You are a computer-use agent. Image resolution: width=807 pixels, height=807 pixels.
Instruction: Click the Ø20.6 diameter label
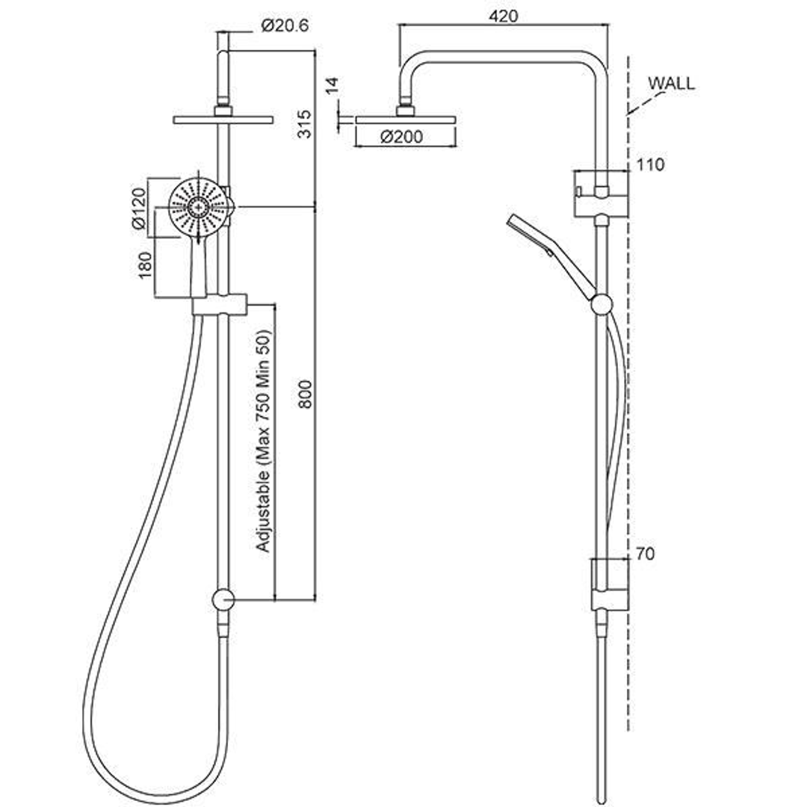pyautogui.click(x=285, y=26)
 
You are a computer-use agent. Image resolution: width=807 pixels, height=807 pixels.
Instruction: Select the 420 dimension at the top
pyautogui.click(x=504, y=16)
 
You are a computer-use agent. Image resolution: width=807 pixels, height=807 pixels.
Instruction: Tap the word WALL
pyautogui.click(x=671, y=83)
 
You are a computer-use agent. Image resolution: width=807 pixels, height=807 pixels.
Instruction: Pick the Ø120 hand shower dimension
pyautogui.click(x=138, y=209)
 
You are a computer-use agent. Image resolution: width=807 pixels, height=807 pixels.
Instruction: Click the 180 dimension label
pyautogui.click(x=145, y=265)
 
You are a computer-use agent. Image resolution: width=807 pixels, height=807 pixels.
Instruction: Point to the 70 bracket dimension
pyautogui.click(x=646, y=554)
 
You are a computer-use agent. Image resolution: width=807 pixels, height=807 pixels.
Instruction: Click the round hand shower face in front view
pyautogui.click(x=198, y=206)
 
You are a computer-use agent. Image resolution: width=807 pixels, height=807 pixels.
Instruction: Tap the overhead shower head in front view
pyautogui.click(x=222, y=120)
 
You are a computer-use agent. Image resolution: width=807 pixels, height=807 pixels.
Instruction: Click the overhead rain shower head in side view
pyautogui.click(x=404, y=120)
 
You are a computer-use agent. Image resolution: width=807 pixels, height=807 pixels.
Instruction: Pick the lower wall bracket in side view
pyautogui.click(x=609, y=584)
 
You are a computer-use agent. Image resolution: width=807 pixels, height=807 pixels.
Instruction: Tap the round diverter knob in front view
pyautogui.click(x=223, y=599)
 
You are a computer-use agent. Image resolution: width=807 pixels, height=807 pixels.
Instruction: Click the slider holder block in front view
pyautogui.click(x=219, y=305)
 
